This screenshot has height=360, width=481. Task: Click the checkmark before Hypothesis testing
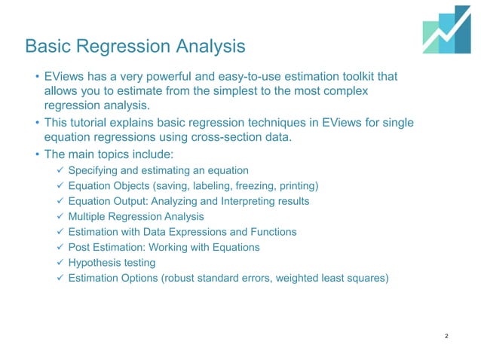pos(60,263)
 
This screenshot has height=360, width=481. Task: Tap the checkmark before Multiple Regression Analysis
pos(60,217)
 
